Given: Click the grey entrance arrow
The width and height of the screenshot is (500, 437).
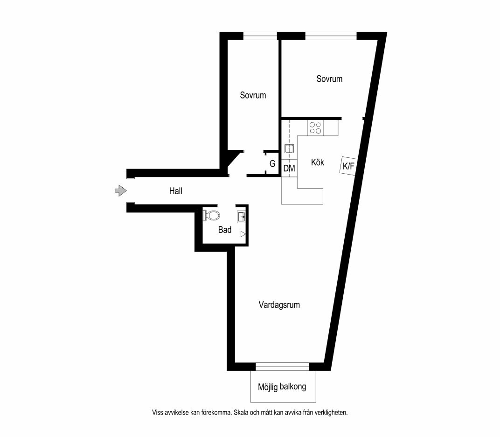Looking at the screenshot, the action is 120,191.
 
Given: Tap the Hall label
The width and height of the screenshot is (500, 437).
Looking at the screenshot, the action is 176,191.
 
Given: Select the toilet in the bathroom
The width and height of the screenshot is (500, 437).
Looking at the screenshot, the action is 212,215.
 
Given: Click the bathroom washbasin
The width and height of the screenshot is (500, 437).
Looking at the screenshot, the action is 241,217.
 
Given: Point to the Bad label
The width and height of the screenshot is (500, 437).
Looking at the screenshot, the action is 225,230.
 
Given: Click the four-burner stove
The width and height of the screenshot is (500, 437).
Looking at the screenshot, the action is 315,127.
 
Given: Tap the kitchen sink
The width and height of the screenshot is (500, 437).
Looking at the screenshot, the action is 289,149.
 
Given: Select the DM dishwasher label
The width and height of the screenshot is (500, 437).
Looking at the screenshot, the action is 289,168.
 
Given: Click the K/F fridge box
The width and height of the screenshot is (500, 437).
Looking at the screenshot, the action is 348,166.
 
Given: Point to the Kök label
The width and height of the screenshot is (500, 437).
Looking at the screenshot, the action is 318,162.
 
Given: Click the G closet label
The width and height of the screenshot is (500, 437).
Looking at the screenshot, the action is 272,164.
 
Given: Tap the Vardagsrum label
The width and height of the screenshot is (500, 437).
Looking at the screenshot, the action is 279,305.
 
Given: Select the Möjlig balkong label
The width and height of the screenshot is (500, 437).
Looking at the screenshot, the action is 282,387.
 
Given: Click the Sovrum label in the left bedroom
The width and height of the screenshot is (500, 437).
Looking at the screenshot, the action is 253,95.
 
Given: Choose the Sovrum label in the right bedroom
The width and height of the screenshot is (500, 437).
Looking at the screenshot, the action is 329,79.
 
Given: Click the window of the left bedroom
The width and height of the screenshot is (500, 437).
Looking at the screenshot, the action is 260,36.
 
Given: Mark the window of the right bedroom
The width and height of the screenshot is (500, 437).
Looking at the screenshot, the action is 331,36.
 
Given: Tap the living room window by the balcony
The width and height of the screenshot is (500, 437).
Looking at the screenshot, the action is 283,367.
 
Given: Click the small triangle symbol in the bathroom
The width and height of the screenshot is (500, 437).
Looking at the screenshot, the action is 243,234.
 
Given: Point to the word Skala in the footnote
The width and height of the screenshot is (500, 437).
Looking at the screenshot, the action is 242,412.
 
